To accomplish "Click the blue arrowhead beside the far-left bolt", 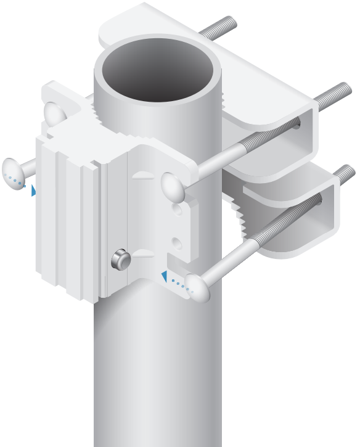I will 33,191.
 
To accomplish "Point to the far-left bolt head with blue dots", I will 15,172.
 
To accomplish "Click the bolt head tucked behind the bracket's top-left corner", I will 55,112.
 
